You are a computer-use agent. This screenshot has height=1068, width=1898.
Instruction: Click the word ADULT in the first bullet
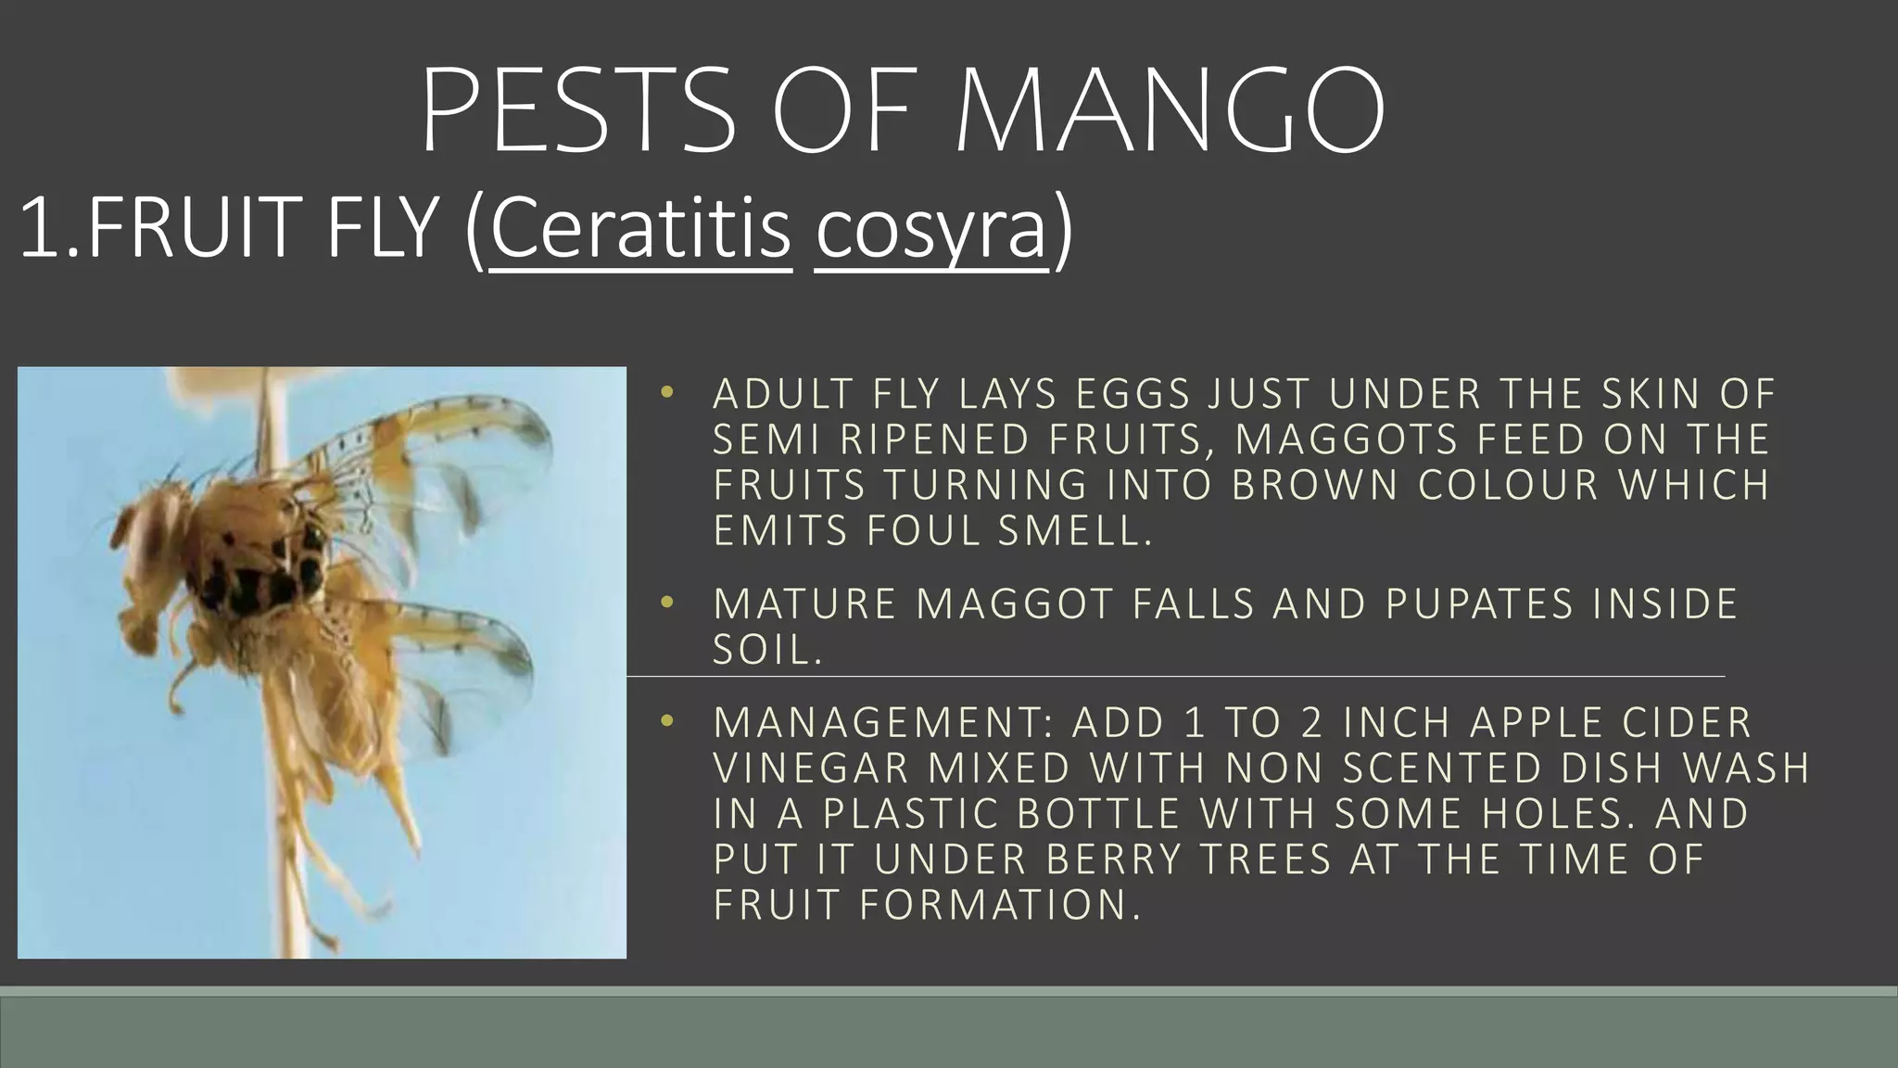(781, 395)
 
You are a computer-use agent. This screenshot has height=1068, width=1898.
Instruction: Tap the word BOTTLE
(1098, 813)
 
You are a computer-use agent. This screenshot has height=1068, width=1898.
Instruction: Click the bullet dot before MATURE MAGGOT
(665, 604)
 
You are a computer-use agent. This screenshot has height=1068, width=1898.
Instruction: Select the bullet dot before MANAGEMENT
(665, 722)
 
